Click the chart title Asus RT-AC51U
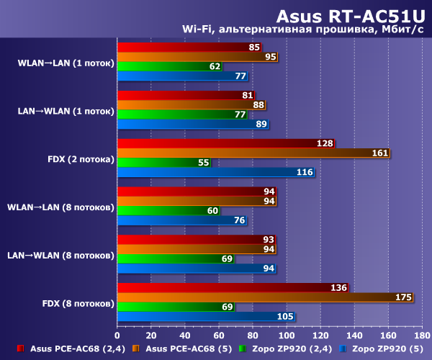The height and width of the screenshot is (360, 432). (352, 16)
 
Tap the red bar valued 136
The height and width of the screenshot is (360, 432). (232, 288)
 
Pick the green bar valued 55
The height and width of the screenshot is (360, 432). (163, 163)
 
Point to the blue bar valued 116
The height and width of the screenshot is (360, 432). (215, 172)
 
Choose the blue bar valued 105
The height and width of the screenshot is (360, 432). (206, 316)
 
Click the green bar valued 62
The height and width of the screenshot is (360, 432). (169, 66)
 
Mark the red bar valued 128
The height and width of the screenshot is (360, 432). (225, 143)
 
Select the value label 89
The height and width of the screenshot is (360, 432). (262, 125)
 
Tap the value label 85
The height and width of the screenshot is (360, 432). (253, 48)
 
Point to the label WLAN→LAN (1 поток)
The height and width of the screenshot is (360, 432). (66, 63)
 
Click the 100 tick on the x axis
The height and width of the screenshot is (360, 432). (287, 335)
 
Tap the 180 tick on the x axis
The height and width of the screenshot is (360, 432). (422, 335)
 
